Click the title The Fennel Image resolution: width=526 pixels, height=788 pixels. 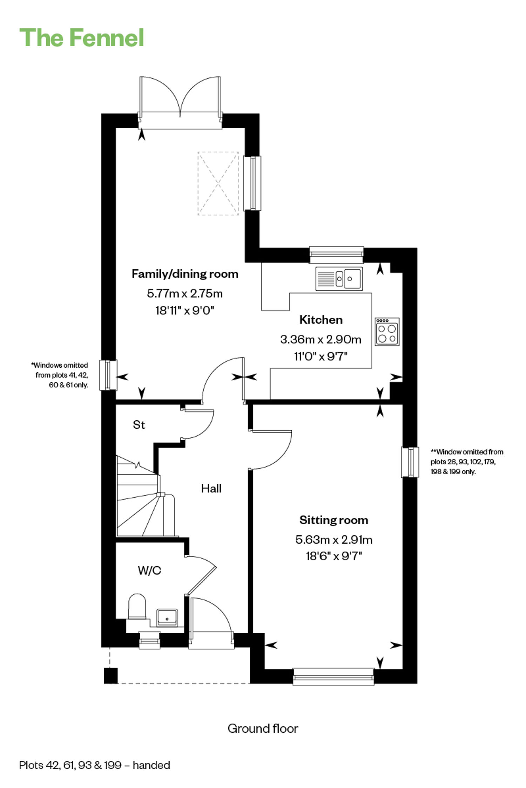[x=82, y=37]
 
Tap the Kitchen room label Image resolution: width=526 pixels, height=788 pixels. [x=321, y=320]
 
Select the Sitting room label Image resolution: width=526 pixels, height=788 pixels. [x=334, y=520]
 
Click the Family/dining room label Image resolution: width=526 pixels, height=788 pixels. [x=185, y=274]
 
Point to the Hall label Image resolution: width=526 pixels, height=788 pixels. [x=211, y=489]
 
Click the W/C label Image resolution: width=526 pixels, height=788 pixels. [x=149, y=571]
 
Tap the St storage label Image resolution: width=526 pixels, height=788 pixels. [x=139, y=425]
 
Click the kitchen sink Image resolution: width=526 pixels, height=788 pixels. [x=339, y=279]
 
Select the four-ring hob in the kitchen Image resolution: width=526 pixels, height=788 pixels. [x=387, y=332]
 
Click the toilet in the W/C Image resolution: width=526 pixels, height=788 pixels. [x=137, y=606]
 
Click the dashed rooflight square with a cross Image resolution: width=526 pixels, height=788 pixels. [x=218, y=183]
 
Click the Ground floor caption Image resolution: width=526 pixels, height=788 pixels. [x=263, y=728]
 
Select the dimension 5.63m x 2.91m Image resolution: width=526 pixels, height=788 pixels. [x=334, y=540]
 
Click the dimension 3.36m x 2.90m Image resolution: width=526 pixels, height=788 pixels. [x=321, y=339]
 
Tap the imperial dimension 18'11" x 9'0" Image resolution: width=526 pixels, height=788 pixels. [x=185, y=310]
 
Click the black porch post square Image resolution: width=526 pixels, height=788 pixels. [x=111, y=676]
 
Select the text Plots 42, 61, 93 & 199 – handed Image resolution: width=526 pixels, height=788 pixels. [x=95, y=765]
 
